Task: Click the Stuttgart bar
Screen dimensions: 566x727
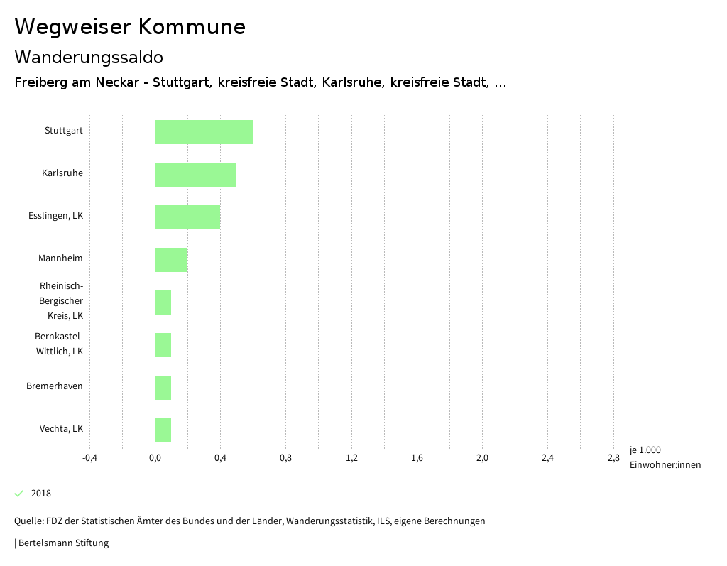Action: click(x=204, y=132)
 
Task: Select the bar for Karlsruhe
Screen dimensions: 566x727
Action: click(x=195, y=175)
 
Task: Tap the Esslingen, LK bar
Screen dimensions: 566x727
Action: click(x=187, y=217)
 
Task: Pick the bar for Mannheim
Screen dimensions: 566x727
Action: click(x=171, y=260)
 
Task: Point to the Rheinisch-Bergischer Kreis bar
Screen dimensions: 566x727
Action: click(x=163, y=303)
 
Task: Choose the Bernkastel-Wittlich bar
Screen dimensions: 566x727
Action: click(x=163, y=345)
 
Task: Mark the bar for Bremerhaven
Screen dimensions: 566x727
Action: click(x=163, y=388)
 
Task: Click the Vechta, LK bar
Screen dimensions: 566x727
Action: click(x=163, y=430)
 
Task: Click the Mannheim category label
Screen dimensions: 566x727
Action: click(x=60, y=258)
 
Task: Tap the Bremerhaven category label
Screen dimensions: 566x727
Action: click(x=55, y=386)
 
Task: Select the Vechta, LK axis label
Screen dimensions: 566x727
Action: click(x=61, y=429)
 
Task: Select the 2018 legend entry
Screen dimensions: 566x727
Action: click(x=40, y=494)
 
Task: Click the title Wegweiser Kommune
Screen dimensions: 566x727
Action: click(x=130, y=27)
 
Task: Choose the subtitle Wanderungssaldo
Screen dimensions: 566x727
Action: click(x=89, y=57)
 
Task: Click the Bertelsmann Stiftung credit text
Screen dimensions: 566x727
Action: click(x=62, y=543)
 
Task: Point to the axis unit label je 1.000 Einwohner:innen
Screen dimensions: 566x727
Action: click(x=665, y=457)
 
